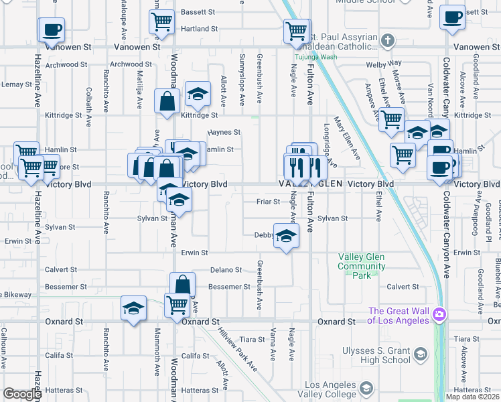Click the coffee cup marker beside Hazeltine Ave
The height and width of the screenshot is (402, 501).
52,29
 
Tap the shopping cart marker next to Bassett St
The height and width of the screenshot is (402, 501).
161,23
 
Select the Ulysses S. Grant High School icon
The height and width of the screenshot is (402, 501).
421,353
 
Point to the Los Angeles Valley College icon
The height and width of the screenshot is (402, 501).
366,389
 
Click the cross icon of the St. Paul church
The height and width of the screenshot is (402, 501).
386,41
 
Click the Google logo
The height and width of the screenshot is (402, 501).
22,394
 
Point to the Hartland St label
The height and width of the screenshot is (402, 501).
200,29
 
